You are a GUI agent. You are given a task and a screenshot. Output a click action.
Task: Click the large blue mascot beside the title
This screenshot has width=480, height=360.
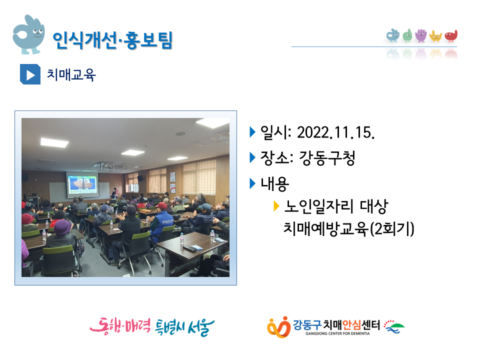tap(28, 34)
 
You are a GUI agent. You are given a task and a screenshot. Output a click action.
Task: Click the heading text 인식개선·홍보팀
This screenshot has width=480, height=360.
tap(112, 40)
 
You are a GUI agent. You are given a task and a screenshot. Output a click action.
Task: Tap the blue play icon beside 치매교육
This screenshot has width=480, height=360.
tap(30, 74)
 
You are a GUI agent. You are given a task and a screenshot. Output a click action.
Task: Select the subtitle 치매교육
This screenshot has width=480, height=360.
tap(71, 74)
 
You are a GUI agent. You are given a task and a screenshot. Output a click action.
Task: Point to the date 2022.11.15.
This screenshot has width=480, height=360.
tap(336, 132)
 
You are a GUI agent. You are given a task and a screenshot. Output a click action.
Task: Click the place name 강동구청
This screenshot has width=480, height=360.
tap(327, 158)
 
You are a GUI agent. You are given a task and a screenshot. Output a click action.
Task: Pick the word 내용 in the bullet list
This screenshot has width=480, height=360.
tap(274, 183)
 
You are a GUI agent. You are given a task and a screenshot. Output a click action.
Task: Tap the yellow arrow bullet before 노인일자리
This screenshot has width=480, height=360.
tap(276, 206)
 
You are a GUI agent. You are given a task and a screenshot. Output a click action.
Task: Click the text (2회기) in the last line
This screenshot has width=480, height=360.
tap(392, 229)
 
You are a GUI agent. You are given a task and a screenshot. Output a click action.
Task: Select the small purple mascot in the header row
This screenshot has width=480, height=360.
tap(421, 35)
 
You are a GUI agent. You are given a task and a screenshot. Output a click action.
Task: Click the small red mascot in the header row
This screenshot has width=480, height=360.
tap(451, 36)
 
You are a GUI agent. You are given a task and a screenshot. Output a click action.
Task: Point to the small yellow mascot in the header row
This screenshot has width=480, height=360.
tap(435, 36)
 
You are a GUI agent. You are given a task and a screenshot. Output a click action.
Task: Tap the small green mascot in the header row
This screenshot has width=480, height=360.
tap(407, 35)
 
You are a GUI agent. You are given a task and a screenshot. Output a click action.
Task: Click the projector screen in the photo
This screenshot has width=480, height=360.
tap(82, 184)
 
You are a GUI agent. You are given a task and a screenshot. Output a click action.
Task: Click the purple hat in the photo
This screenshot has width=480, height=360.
tap(62, 226)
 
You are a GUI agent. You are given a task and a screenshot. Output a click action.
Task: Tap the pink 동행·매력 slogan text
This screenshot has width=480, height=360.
tap(120, 326)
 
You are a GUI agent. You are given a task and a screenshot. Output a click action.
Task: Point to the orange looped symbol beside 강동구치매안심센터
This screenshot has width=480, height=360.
tap(278, 327)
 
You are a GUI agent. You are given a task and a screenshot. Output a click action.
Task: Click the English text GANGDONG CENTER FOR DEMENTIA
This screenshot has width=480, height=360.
tap(337, 333)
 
